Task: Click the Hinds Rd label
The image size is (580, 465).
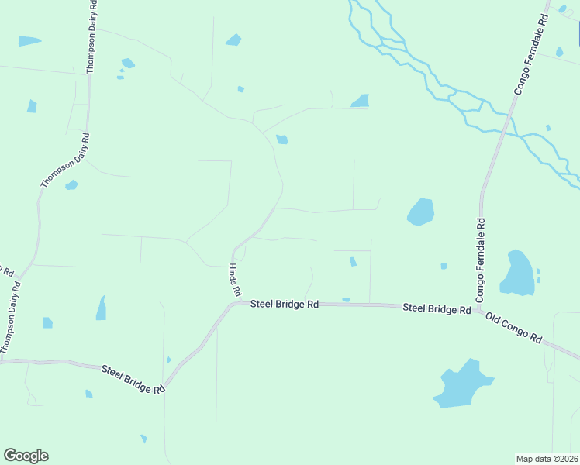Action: point(233,280)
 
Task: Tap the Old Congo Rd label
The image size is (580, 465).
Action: point(513,327)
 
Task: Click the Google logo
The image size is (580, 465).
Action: point(26,456)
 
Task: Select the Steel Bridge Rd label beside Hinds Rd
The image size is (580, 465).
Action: point(285,305)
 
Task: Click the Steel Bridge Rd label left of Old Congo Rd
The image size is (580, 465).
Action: point(437,308)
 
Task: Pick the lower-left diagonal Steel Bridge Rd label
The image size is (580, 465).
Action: point(133,379)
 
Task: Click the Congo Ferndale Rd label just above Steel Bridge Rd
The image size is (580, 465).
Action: point(481,260)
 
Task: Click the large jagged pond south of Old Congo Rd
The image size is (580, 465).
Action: point(464,384)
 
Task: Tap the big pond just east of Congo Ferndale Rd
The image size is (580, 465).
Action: point(518,273)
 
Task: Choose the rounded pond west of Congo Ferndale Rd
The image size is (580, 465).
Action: point(420,212)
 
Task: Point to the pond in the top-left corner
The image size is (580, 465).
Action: point(29,40)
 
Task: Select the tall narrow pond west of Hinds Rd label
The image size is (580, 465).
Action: point(101,308)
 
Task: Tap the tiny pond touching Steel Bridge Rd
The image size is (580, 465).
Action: point(346,300)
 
